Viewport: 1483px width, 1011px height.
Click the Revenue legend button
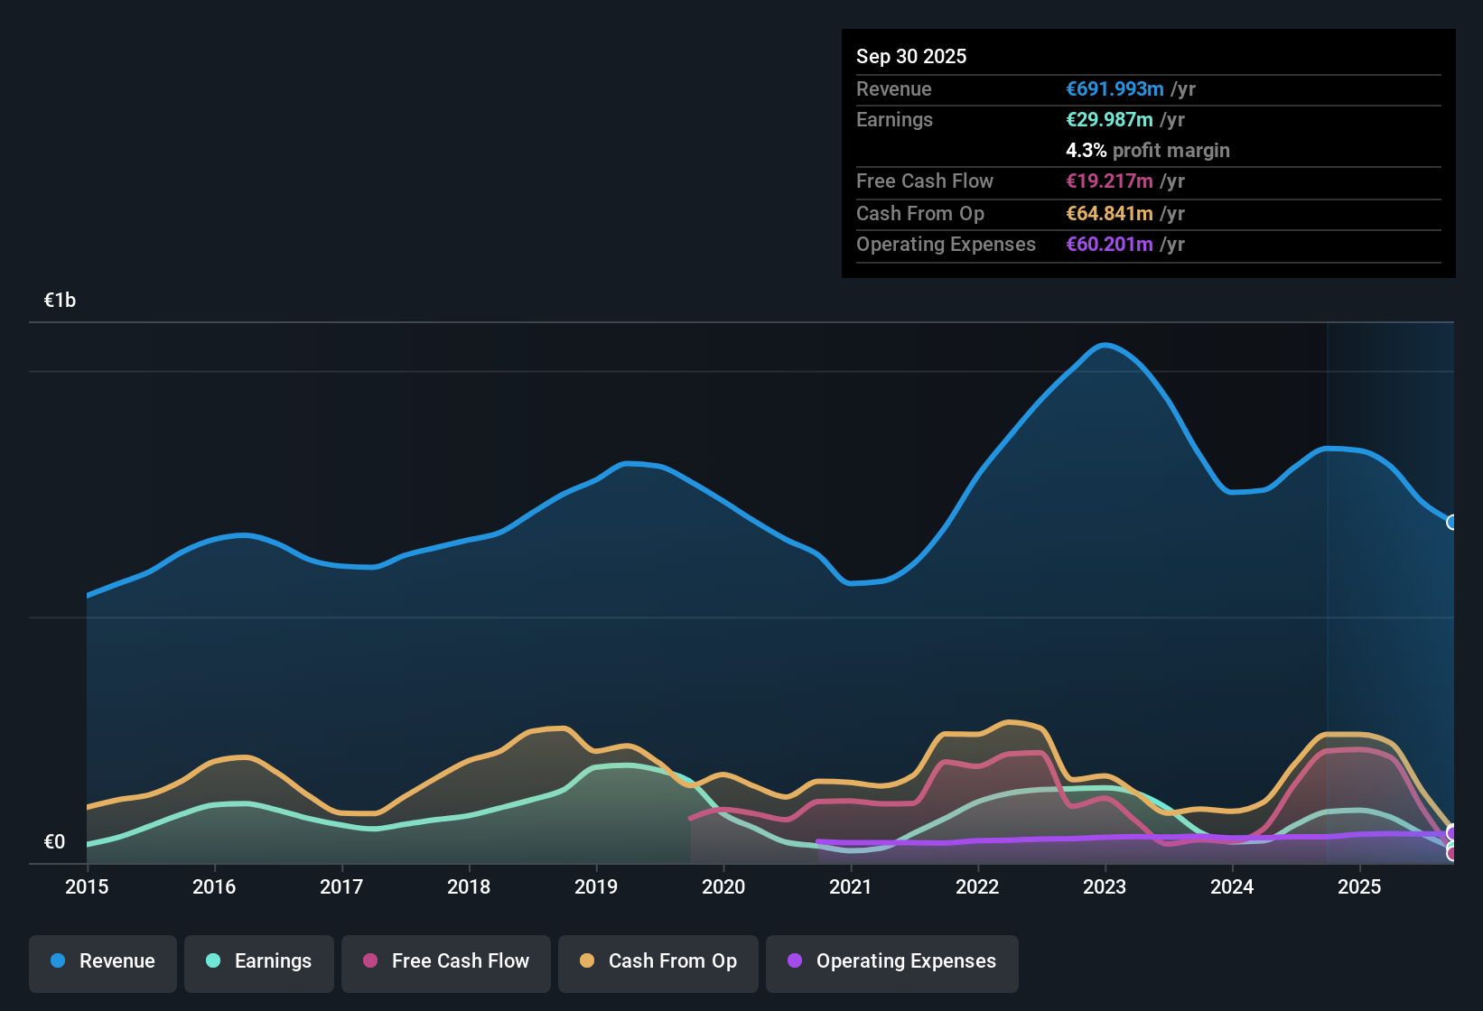pyautogui.click(x=103, y=961)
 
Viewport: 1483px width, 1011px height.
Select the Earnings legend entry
pyautogui.click(x=259, y=961)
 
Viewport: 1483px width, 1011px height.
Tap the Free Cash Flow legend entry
pyautogui.click(x=446, y=961)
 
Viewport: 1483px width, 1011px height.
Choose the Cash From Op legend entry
pyautogui.click(x=658, y=961)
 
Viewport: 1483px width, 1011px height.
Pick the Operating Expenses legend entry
pyautogui.click(x=892, y=961)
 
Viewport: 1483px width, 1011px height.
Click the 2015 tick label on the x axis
pyautogui.click(x=87, y=886)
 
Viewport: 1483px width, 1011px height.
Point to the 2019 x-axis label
pyautogui.click(x=596, y=886)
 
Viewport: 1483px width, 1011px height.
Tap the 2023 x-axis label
pyautogui.click(x=1105, y=886)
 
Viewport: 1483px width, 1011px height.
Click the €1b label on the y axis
pyautogui.click(x=60, y=301)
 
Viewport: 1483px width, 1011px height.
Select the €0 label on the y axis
pyautogui.click(x=54, y=842)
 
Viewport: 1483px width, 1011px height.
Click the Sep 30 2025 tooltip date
pyautogui.click(x=910, y=56)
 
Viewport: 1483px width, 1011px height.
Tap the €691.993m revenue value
pyautogui.click(x=1115, y=88)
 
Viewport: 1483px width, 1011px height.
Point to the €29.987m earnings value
pyautogui.click(x=1109, y=119)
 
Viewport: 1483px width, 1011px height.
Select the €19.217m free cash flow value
pyautogui.click(x=1109, y=181)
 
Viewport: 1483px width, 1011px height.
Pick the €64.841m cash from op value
pyautogui.click(x=1109, y=213)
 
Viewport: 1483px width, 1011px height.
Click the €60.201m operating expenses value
pyautogui.click(x=1109, y=244)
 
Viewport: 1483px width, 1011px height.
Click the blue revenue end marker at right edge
pyautogui.click(x=1452, y=522)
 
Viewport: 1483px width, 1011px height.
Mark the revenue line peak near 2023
pyautogui.click(x=1105, y=344)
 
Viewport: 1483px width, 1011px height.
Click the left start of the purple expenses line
pyautogui.click(x=818, y=841)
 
